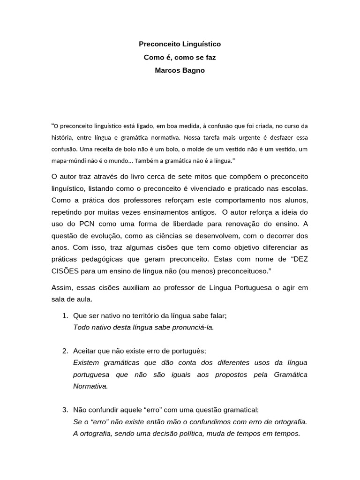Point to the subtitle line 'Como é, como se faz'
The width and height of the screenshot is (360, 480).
180,57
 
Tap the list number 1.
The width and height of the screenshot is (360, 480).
65,315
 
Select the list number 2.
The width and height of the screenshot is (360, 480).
65,351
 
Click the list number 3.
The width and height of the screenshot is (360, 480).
65,410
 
